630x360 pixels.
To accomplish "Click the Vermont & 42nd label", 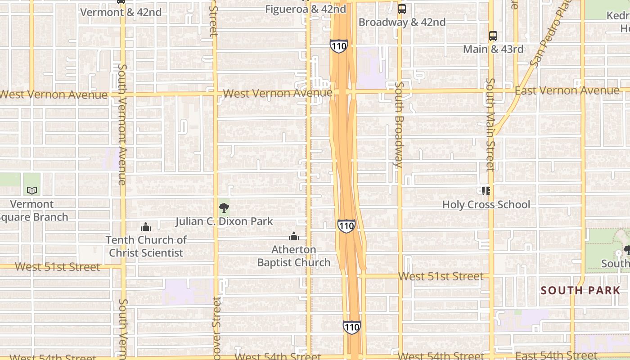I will pos(121,12).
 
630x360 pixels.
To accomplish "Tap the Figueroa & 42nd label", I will pos(306,9).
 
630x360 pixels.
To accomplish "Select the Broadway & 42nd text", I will pos(402,22).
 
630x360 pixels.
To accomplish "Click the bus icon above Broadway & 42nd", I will pos(402,9).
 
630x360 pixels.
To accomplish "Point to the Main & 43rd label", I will pos(493,49).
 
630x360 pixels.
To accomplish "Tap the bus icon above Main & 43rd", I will pos(493,36).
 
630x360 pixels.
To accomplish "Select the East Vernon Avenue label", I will pos(567,91).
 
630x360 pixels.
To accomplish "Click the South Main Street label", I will pos(490,125).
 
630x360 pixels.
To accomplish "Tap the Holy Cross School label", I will pos(486,205).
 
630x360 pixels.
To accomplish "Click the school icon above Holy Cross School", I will pos(486,191).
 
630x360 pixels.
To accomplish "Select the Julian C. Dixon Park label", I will pos(224,221).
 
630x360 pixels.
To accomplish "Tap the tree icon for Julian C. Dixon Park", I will pos(224,207).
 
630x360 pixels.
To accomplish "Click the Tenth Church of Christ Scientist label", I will pos(146,246).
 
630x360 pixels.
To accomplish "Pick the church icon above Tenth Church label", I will pos(146,226).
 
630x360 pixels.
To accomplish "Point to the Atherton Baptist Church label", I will pos(294,256).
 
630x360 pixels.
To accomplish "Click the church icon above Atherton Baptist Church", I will pos(294,236).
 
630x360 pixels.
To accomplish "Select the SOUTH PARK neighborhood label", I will pos(580,291).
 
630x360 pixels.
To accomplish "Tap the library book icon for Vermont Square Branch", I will pos(32,191).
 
